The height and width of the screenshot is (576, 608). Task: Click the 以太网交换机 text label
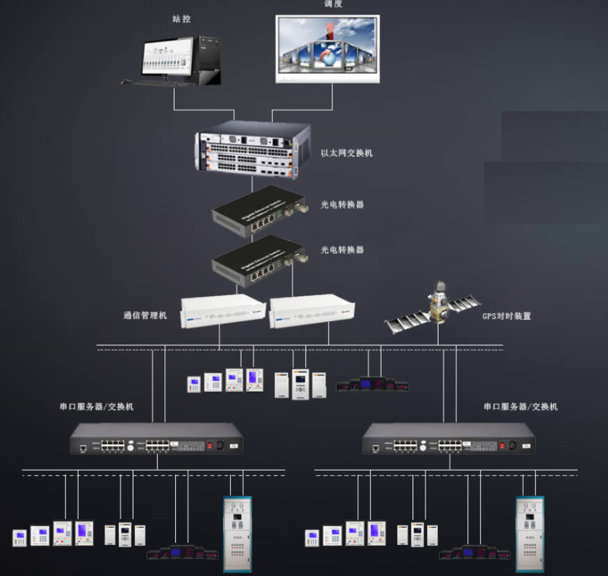pos(346,153)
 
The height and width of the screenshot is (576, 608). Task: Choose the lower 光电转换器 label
pos(342,250)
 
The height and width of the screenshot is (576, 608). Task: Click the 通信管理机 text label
pos(144,316)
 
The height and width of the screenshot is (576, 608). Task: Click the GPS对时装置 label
pos(506,316)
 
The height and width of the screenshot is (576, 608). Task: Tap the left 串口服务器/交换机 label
pos(96,407)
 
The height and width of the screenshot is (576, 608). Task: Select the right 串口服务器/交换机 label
pos(520,407)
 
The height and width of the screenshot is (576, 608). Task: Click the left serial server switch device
pos(156,438)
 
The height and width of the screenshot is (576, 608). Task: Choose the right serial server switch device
pos(449,438)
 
